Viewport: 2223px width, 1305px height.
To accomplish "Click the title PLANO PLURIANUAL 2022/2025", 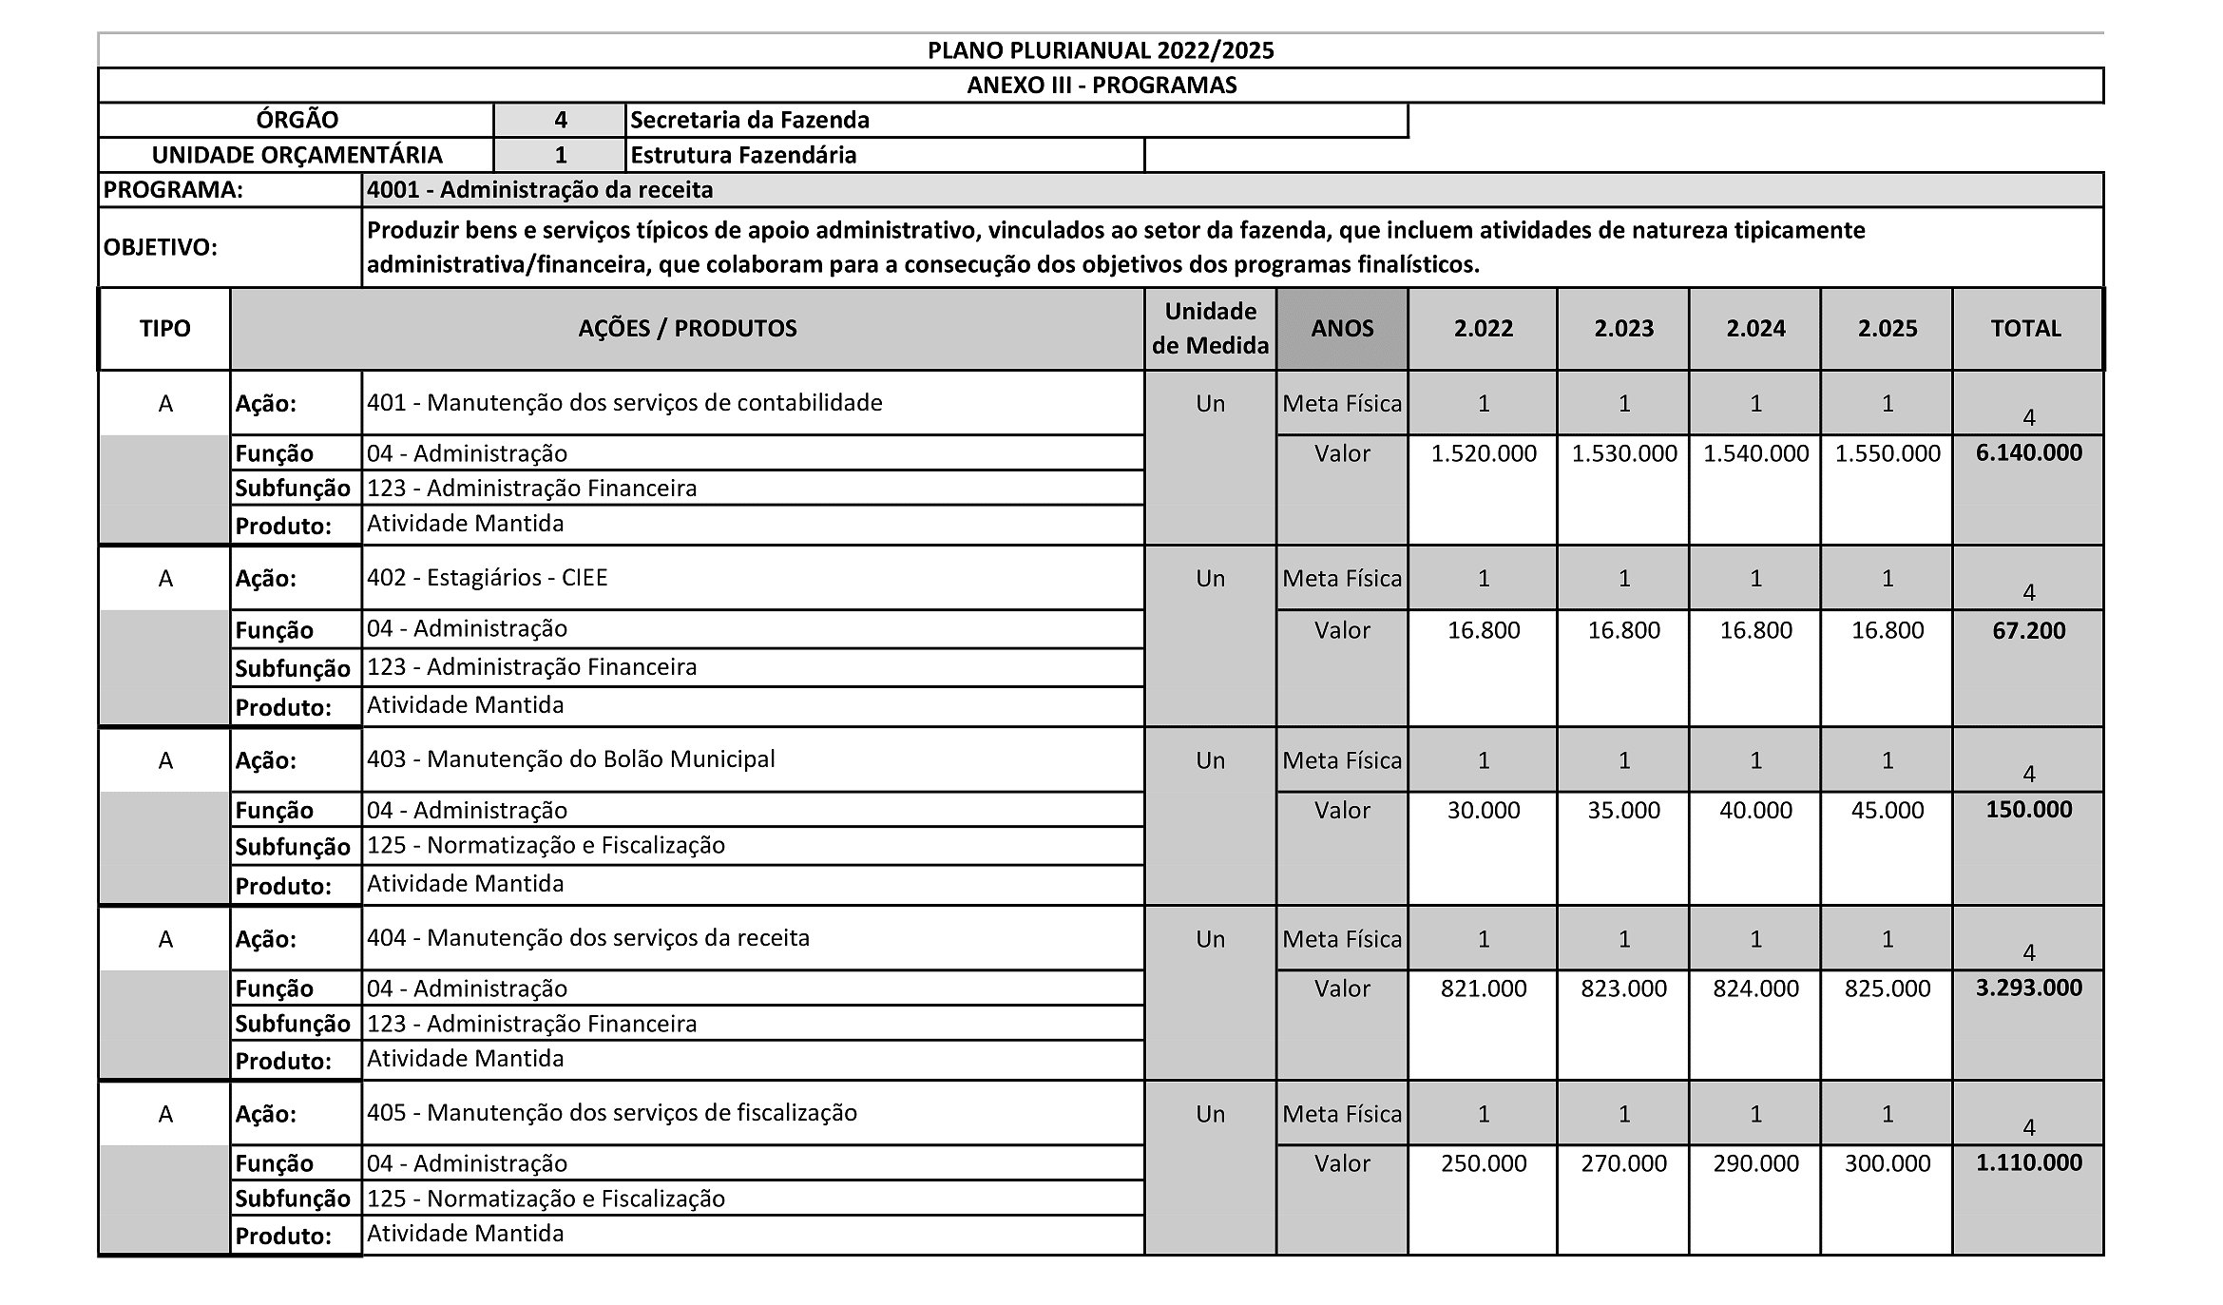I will tap(1101, 50).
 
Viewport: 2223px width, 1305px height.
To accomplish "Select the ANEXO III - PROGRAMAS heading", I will tap(1101, 86).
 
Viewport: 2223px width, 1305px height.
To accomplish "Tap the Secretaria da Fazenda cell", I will tap(750, 121).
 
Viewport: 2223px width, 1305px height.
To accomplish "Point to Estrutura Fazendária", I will tap(743, 155).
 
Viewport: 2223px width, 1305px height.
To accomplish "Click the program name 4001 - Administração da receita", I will tap(540, 190).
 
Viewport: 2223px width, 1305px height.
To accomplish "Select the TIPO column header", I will tap(164, 329).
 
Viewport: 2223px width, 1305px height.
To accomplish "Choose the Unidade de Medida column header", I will tap(1210, 329).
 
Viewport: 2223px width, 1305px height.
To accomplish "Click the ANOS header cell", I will tap(1342, 329).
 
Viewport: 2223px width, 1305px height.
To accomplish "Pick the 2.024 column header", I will tap(1755, 329).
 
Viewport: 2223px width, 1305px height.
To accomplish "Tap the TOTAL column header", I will tap(2026, 329).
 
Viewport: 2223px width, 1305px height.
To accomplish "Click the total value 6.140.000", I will tap(2028, 453).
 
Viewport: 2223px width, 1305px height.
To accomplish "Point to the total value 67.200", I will tap(2028, 630).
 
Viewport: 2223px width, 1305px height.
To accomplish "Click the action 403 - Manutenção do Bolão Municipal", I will tap(570, 759).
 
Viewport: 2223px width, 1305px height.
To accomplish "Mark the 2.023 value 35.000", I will tap(1623, 811).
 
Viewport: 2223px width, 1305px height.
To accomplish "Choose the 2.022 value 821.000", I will tap(1483, 989).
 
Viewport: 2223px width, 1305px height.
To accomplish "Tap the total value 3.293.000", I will tap(2028, 988).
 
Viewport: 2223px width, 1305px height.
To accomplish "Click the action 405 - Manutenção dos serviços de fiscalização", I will tap(611, 1113).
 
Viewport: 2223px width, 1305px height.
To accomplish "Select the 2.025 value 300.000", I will tap(1887, 1164).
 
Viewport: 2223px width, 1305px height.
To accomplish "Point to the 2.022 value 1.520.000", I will tap(1483, 454).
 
